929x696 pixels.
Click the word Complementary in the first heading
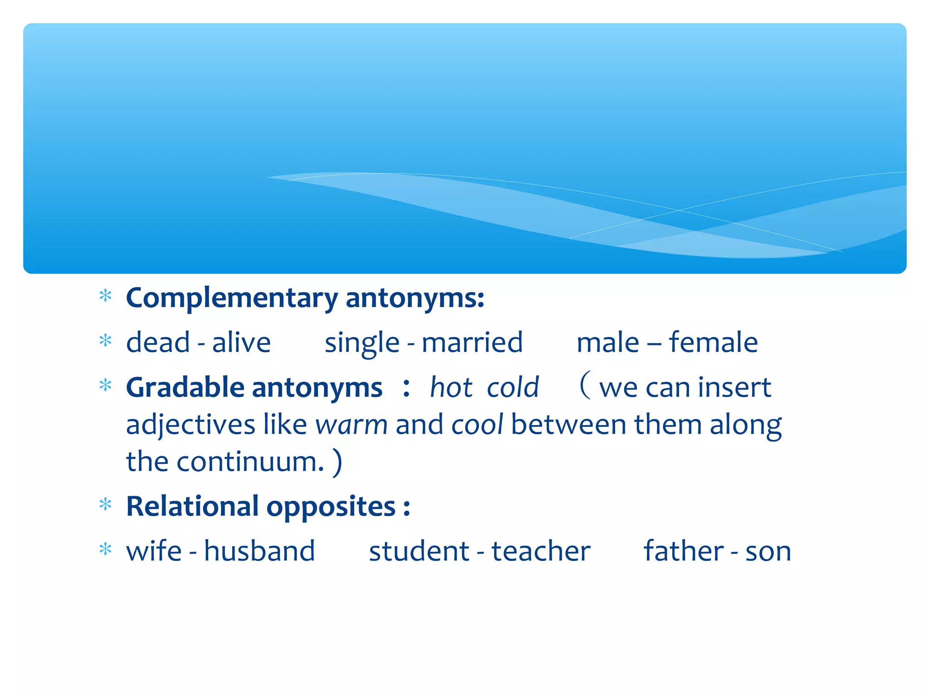[x=232, y=299]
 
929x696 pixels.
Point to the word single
[x=362, y=343]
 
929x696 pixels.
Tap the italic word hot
[x=451, y=388]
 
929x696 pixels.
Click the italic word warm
[x=352, y=425]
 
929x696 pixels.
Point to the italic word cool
[x=477, y=425]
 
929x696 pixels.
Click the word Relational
[x=192, y=506]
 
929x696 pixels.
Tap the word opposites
[x=331, y=507]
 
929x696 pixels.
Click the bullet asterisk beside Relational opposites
[x=105, y=504]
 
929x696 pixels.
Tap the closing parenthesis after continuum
[x=337, y=463]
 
